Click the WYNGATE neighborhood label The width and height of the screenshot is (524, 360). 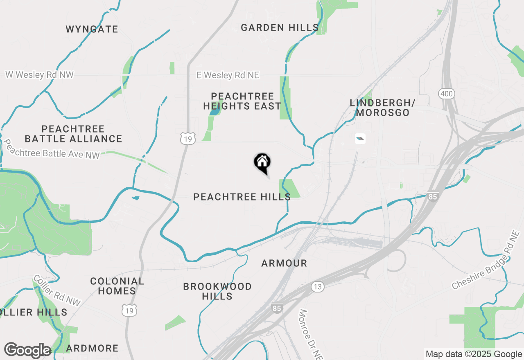click(92, 29)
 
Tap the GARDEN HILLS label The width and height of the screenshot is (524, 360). click(280, 27)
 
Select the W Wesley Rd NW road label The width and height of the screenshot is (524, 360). click(39, 75)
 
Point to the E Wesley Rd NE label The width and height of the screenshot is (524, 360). click(228, 75)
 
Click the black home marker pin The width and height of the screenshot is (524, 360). click(262, 162)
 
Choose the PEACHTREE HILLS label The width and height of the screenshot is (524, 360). click(242, 197)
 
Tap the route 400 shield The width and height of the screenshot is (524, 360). click(446, 94)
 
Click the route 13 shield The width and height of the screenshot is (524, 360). click(317, 287)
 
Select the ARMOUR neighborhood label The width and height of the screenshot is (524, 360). click(284, 263)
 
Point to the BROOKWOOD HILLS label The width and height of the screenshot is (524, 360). click(217, 291)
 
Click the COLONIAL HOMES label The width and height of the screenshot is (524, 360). click(117, 286)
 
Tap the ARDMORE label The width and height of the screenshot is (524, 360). click(92, 348)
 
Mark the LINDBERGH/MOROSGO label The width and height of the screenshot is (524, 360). click(382, 108)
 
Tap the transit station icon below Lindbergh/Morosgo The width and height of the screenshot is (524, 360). click(360, 139)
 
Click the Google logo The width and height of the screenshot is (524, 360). click(27, 350)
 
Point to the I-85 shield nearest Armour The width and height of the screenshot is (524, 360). click(277, 308)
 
